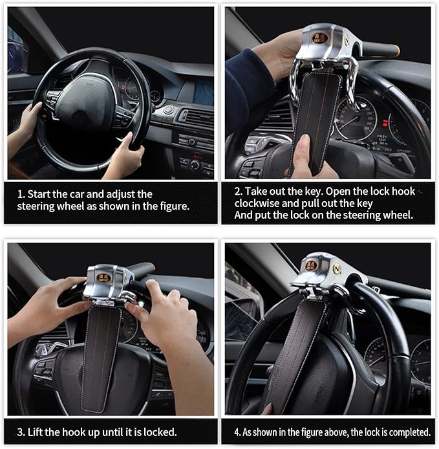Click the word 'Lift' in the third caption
[36, 432]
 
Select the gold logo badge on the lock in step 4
[312, 265]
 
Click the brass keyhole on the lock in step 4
[337, 269]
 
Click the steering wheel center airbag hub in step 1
[85, 102]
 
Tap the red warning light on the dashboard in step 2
[385, 123]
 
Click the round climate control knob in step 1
[195, 165]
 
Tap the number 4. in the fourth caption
[237, 432]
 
